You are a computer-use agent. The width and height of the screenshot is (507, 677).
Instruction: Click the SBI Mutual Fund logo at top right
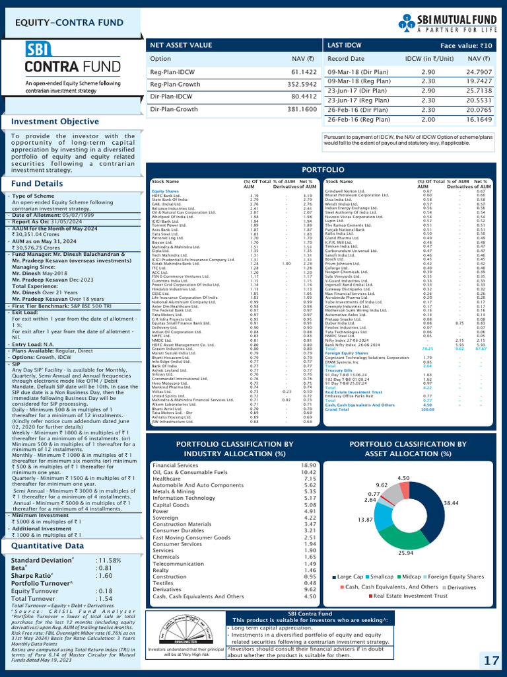pyautogui.click(x=450, y=24)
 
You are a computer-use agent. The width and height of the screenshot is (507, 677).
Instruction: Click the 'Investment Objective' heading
pyautogui.click(x=55, y=122)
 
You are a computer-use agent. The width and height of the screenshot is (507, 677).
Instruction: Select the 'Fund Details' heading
pyautogui.click(x=38, y=183)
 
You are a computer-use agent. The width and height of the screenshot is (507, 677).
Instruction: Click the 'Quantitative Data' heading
pyautogui.click(x=47, y=546)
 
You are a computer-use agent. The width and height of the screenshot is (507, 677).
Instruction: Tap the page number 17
pyautogui.click(x=490, y=661)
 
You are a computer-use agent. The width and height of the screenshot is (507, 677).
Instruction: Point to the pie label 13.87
pyautogui.click(x=365, y=520)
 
